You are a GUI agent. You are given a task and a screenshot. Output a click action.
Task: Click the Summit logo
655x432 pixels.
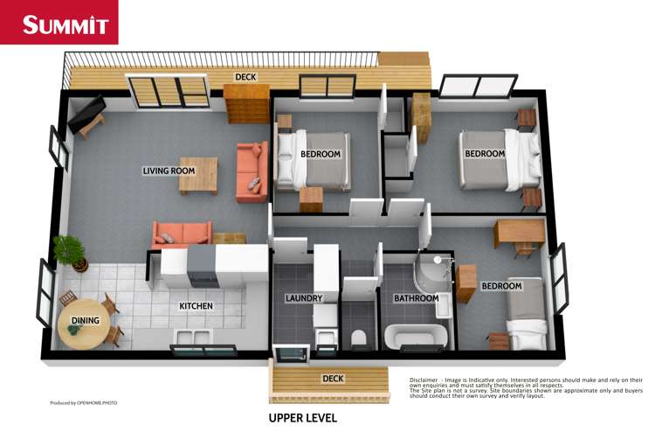pyautogui.click(x=59, y=24)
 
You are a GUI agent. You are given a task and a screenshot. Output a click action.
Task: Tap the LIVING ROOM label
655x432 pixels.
pyautogui.click(x=169, y=171)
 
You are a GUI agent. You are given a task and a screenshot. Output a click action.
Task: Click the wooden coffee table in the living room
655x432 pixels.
pyautogui.click(x=198, y=174)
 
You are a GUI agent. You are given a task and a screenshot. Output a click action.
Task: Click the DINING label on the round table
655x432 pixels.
pyautogui.click(x=86, y=321)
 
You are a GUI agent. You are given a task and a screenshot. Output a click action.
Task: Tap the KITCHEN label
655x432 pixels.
pyautogui.click(x=196, y=307)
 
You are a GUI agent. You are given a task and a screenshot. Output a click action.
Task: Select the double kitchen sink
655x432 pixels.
pyautogui.click(x=192, y=338)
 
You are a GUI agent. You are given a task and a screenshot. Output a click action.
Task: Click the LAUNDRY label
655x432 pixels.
pyautogui.click(x=304, y=299)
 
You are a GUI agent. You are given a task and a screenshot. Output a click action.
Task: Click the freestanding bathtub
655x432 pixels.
pyautogui.click(x=415, y=337)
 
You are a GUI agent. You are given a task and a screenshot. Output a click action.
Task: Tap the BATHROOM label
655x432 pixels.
pyautogui.click(x=416, y=299)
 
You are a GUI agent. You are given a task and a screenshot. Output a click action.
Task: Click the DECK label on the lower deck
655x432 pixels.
pyautogui.click(x=332, y=379)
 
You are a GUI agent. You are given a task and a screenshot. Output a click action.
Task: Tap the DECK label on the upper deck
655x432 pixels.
pyautogui.click(x=245, y=77)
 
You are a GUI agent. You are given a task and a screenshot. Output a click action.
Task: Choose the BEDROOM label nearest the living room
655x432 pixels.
pyautogui.click(x=321, y=155)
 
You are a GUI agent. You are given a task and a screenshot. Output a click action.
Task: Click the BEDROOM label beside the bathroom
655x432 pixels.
pyautogui.click(x=501, y=286)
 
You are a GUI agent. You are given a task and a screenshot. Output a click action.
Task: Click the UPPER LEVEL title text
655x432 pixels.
pyautogui.click(x=302, y=417)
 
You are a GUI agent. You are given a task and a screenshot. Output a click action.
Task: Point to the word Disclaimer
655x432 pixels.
pyautogui.click(x=428, y=380)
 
